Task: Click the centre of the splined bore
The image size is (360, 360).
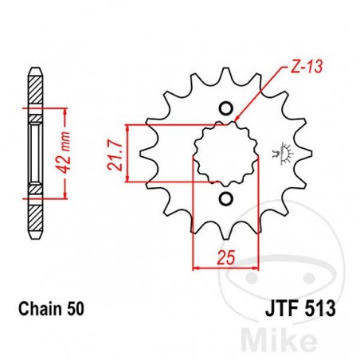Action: click(x=225, y=154)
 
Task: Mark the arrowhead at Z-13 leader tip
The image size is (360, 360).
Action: click(x=240, y=119)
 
